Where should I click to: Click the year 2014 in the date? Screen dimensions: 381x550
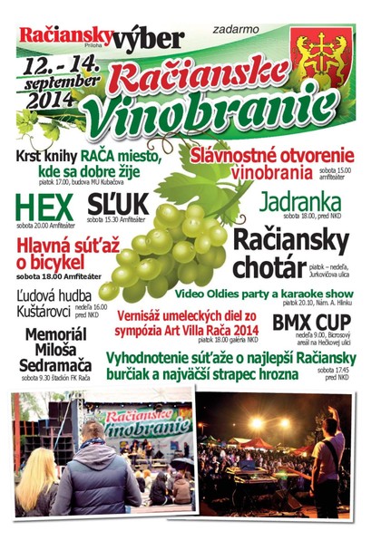tap(64, 101)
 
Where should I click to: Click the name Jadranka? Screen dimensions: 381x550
tap(299, 202)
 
